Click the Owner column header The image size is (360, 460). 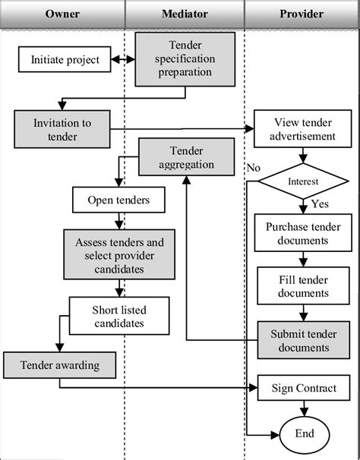[62, 14]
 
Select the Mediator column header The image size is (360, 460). [185, 14]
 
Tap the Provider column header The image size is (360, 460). [302, 14]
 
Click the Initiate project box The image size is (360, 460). [65, 59]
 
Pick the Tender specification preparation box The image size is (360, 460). [185, 59]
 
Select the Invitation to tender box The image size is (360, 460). [62, 129]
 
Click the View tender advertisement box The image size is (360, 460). [303, 129]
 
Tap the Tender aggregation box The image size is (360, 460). [187, 157]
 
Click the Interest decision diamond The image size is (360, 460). [303, 181]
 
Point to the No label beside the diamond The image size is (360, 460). [254, 168]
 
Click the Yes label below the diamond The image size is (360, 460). [320, 203]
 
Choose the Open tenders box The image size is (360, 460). [118, 200]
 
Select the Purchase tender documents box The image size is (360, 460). [303, 233]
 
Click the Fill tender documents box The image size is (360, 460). [303, 285]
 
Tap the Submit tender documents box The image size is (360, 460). [304, 340]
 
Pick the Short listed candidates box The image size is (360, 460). [119, 316]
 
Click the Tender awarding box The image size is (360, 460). [59, 365]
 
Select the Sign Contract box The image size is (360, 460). [304, 388]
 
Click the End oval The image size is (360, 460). [305, 434]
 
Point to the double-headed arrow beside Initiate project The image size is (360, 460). [123, 59]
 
